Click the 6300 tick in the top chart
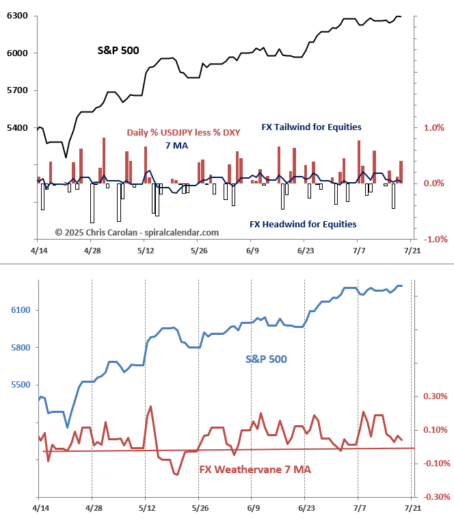(17, 15)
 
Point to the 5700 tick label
(17, 90)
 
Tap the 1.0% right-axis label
(435, 127)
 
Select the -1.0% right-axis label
(434, 239)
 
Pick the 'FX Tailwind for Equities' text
(311, 127)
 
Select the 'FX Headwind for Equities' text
(302, 223)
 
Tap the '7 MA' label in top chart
(176, 146)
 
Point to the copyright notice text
(137, 232)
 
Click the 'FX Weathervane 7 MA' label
(255, 470)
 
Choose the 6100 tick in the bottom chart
(21, 311)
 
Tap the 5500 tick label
(21, 385)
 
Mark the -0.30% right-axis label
(435, 497)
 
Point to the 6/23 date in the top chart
(304, 251)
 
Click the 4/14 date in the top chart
(40, 251)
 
